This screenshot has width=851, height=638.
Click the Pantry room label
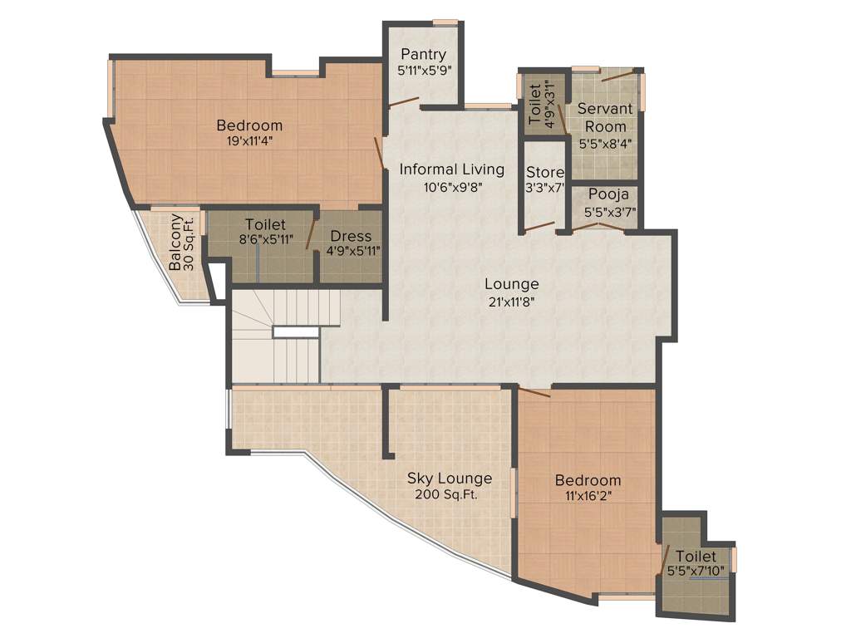click(x=423, y=55)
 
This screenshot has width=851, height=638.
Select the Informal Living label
click(x=451, y=169)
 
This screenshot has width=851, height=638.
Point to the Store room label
click(x=545, y=172)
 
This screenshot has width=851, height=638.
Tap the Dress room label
click(x=350, y=236)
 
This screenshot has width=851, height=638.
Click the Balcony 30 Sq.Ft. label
click(x=182, y=243)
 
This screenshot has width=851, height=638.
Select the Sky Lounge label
click(x=449, y=478)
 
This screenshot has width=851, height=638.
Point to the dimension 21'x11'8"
click(x=511, y=302)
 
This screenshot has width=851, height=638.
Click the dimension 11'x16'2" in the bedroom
click(x=588, y=496)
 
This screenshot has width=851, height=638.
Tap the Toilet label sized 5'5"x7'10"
click(x=696, y=556)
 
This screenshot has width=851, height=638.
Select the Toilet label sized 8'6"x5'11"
click(x=265, y=224)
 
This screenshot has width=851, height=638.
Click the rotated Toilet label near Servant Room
click(x=535, y=101)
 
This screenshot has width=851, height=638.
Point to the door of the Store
click(x=539, y=226)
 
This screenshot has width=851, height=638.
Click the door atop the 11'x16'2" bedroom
click(x=535, y=392)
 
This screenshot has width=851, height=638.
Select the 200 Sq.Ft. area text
click(x=449, y=495)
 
